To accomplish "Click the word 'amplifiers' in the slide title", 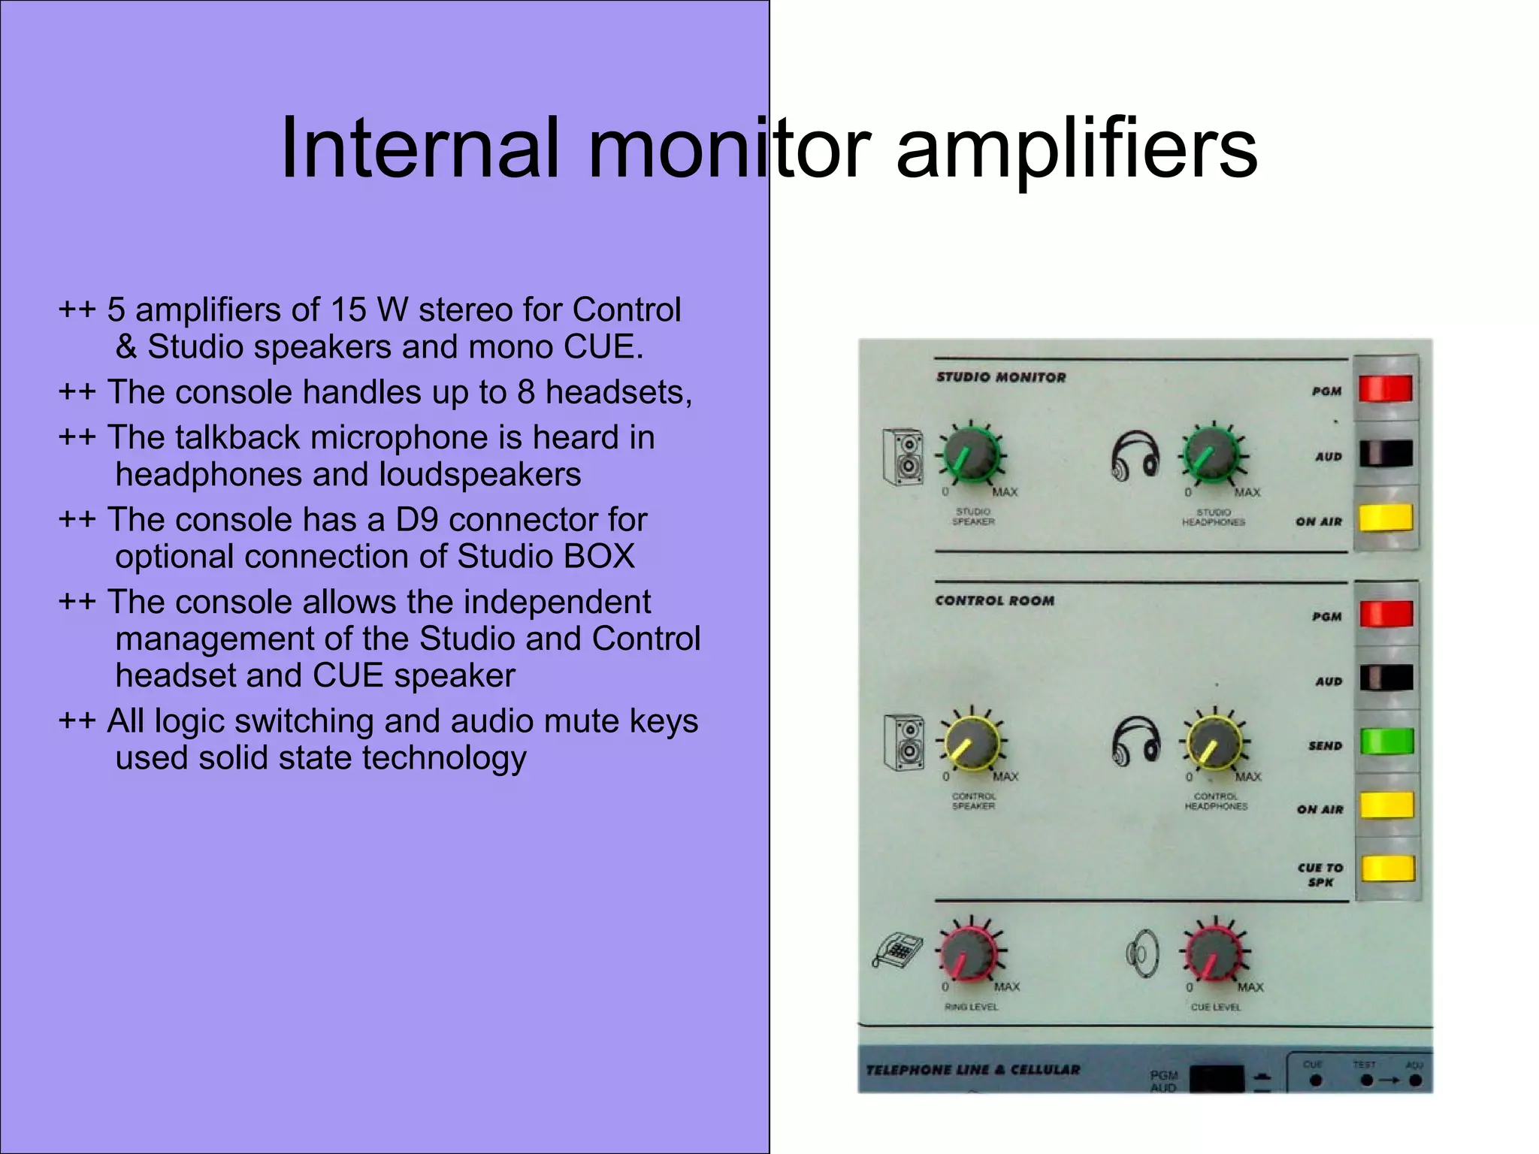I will coord(1076,150).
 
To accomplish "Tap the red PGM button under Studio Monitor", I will coord(1386,389).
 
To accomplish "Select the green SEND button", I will coord(1386,742).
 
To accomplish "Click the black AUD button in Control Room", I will coord(1386,678).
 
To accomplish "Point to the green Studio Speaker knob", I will coord(970,455).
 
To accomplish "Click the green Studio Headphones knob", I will coord(1212,455).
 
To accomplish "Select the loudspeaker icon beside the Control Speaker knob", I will coord(904,742).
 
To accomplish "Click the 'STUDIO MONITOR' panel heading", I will coord(1001,377).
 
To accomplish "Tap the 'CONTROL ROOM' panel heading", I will coord(995,601).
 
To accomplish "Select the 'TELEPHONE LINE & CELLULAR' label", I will coord(973,1070).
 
